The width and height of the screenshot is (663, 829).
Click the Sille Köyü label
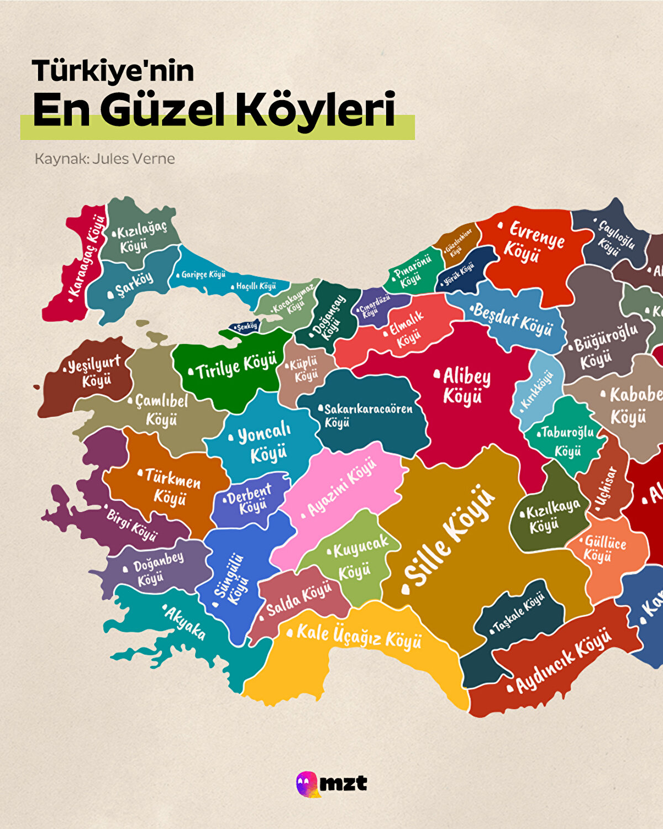point(450,536)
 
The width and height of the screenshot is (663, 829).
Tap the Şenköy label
point(246,327)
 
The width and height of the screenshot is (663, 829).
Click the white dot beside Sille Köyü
point(408,590)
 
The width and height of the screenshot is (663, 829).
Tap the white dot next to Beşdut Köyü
point(472,308)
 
